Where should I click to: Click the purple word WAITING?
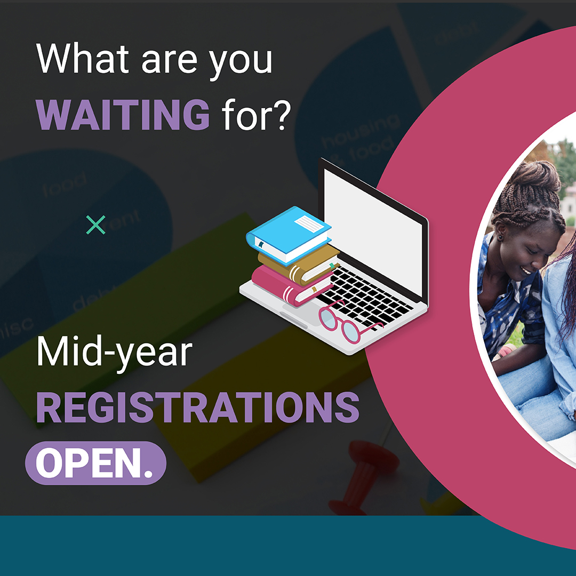pyautogui.click(x=123, y=115)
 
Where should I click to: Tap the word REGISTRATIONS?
pyautogui.click(x=197, y=408)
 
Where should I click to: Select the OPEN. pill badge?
pyautogui.click(x=96, y=463)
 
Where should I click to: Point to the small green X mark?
pyautogui.click(x=96, y=225)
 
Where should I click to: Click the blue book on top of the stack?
pyautogui.click(x=288, y=235)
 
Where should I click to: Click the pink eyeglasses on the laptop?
pyautogui.click(x=347, y=323)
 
